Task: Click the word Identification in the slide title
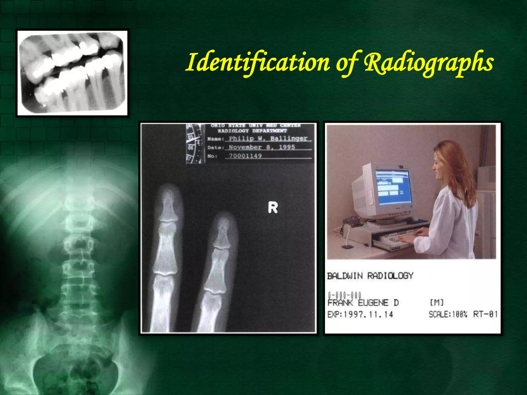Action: pos(257,62)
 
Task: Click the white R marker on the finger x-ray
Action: pos(273,208)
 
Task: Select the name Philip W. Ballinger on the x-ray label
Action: pos(268,139)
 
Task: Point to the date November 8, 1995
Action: pos(262,147)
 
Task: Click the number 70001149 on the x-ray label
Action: pos(245,156)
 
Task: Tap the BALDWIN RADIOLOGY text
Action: pos(370,276)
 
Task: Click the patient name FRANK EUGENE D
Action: pos(363,303)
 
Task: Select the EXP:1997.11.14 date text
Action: pos(360,314)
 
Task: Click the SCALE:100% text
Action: pos(448,314)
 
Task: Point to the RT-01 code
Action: pos(485,314)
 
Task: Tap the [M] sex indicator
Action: pos(437,303)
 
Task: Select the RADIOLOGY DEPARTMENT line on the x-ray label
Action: pos(252,131)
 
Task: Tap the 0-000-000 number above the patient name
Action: pos(345,295)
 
